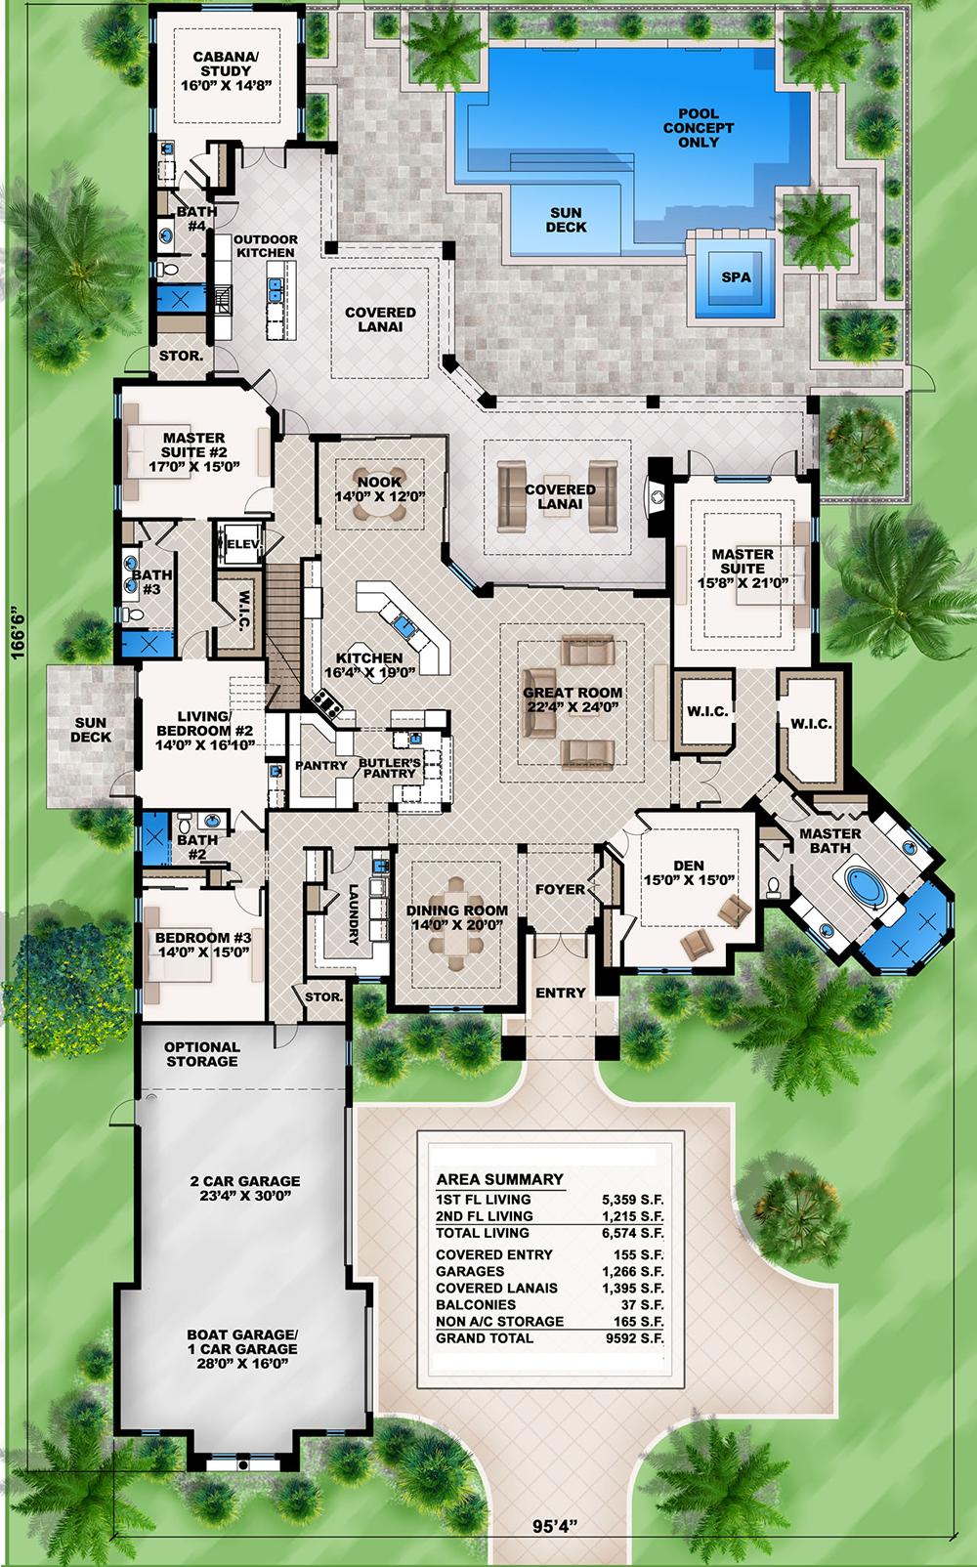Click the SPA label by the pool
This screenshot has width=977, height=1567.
(736, 277)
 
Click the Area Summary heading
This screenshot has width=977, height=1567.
(499, 1179)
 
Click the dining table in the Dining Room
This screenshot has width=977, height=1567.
(457, 935)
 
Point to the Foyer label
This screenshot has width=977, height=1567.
(560, 890)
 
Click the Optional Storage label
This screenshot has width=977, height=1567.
(201, 1054)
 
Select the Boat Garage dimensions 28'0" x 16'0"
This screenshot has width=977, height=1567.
(241, 1364)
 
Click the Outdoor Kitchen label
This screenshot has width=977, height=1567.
(266, 246)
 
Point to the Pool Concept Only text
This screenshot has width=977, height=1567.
(698, 128)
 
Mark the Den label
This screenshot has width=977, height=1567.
(688, 866)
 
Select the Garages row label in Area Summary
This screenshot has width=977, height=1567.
(470, 1271)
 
